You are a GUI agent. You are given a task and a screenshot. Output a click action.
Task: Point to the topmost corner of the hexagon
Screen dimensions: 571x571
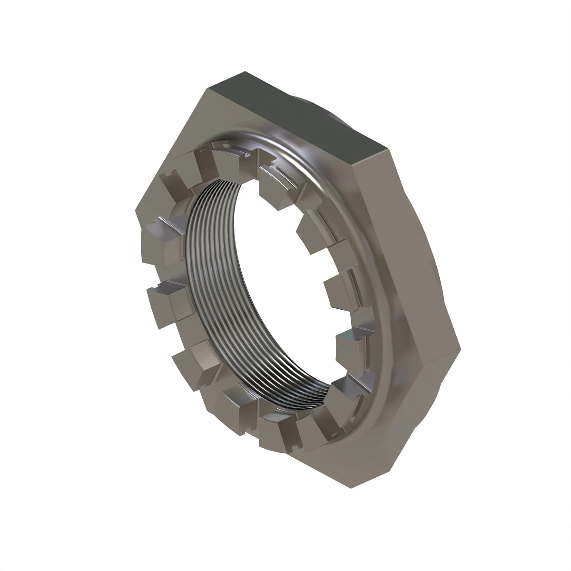(208, 89)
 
